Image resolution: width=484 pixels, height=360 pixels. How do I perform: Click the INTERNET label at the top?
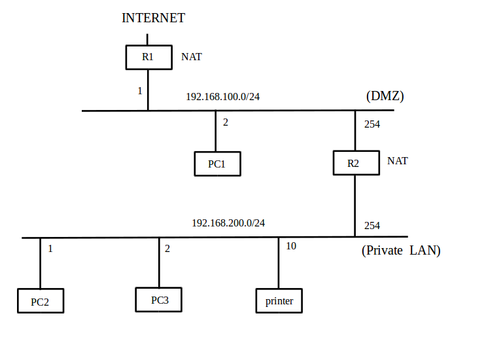click(153, 18)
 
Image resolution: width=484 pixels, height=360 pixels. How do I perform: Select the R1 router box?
click(148, 57)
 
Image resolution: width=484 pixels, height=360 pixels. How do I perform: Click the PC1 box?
click(217, 164)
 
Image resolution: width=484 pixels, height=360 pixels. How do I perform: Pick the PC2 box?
click(41, 301)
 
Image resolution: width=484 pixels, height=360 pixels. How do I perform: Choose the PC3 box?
click(159, 300)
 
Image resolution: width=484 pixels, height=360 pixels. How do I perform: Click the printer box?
click(279, 301)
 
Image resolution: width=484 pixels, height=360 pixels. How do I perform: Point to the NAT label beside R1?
click(192, 57)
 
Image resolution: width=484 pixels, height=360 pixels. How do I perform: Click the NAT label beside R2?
click(398, 161)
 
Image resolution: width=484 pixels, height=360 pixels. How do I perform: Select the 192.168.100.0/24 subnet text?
click(223, 97)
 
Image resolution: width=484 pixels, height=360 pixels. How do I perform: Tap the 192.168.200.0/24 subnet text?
click(228, 223)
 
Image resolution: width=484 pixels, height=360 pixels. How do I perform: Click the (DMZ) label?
click(385, 96)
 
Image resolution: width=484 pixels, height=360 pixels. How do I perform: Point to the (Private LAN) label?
click(401, 251)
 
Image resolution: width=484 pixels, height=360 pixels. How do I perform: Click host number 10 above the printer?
click(291, 246)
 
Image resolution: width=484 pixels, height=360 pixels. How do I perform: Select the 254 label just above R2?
click(372, 124)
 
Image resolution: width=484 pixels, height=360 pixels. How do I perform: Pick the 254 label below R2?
click(372, 226)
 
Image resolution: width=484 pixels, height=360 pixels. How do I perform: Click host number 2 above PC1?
click(226, 122)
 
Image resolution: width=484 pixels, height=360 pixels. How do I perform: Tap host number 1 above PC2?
click(50, 249)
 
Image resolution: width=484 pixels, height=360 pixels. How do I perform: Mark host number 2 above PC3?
click(167, 249)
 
